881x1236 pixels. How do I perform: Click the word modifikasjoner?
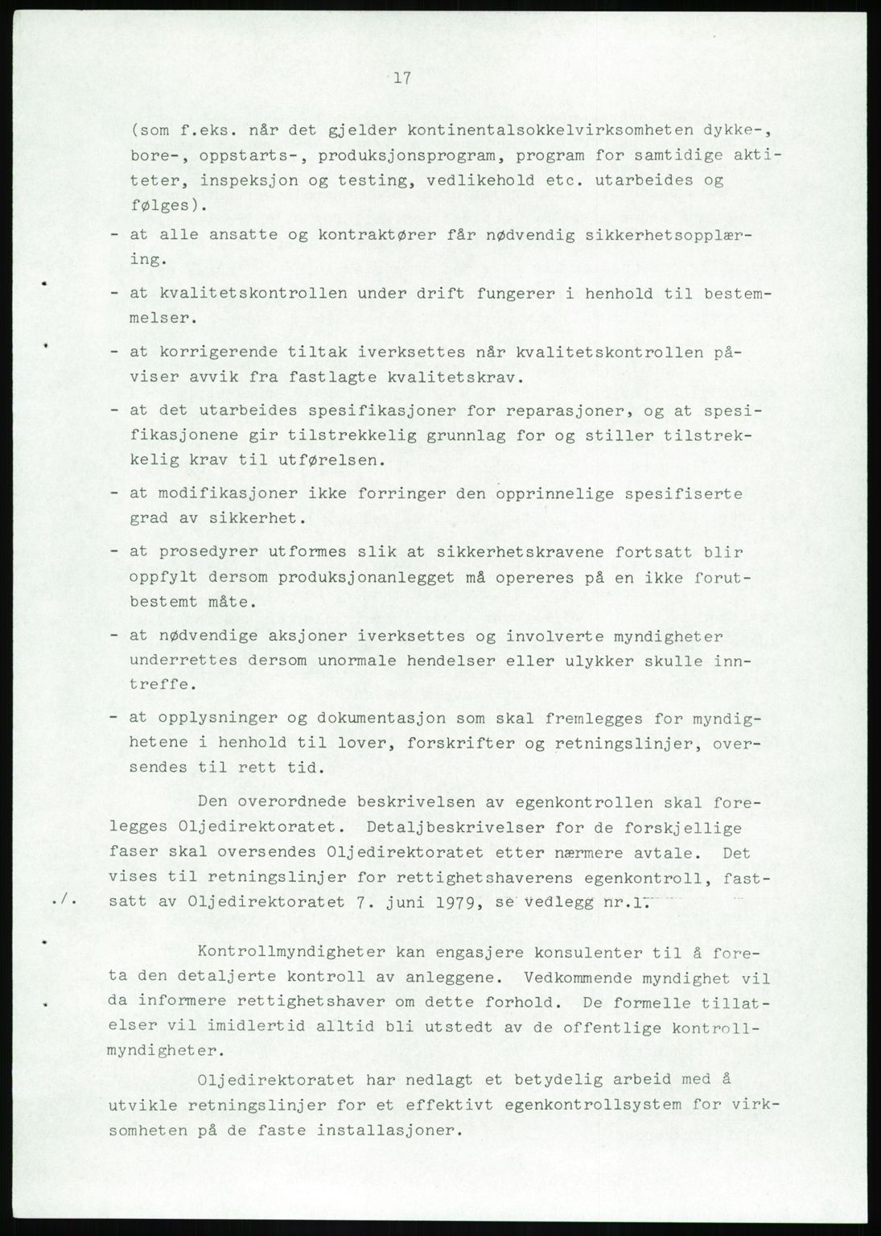(216, 492)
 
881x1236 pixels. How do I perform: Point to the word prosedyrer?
(199, 552)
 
